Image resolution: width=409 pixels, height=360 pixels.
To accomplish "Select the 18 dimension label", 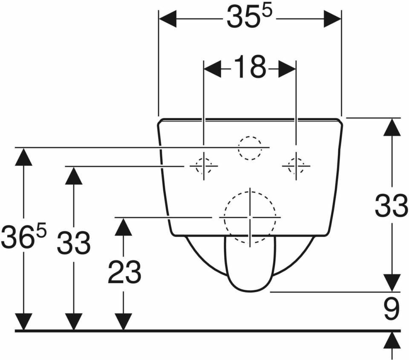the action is pos(250,67).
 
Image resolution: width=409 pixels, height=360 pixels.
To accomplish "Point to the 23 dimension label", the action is pos(124,272).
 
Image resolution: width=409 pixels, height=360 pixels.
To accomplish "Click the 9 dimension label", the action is pos(392,308).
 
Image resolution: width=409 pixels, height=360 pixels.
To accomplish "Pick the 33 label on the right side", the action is pos(391,206).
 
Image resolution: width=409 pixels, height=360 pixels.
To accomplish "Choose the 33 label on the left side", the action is pos(74,242).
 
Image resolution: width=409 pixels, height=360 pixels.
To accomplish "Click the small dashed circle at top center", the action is pos(250,148).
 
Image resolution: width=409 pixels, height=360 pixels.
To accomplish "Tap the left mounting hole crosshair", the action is pos(204,166).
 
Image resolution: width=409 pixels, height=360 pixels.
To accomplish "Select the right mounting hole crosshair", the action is pos(296,166).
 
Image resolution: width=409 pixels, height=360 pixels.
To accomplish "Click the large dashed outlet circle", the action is pos(250,217).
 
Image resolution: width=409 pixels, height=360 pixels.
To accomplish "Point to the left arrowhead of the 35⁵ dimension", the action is pos(168,19).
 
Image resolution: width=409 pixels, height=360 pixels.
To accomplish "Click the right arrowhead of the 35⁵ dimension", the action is pos(333,19).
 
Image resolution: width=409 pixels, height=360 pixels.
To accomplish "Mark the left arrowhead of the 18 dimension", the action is pos(212,69).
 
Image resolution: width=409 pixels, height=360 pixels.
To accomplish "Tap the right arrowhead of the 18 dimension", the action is pos(287,69).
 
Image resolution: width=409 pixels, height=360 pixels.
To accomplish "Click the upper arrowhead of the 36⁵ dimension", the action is pos(23,157).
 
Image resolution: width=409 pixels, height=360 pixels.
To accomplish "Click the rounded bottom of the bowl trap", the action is pos(250,285).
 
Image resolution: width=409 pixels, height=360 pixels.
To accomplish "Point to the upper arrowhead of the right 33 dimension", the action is pos(392,127).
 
